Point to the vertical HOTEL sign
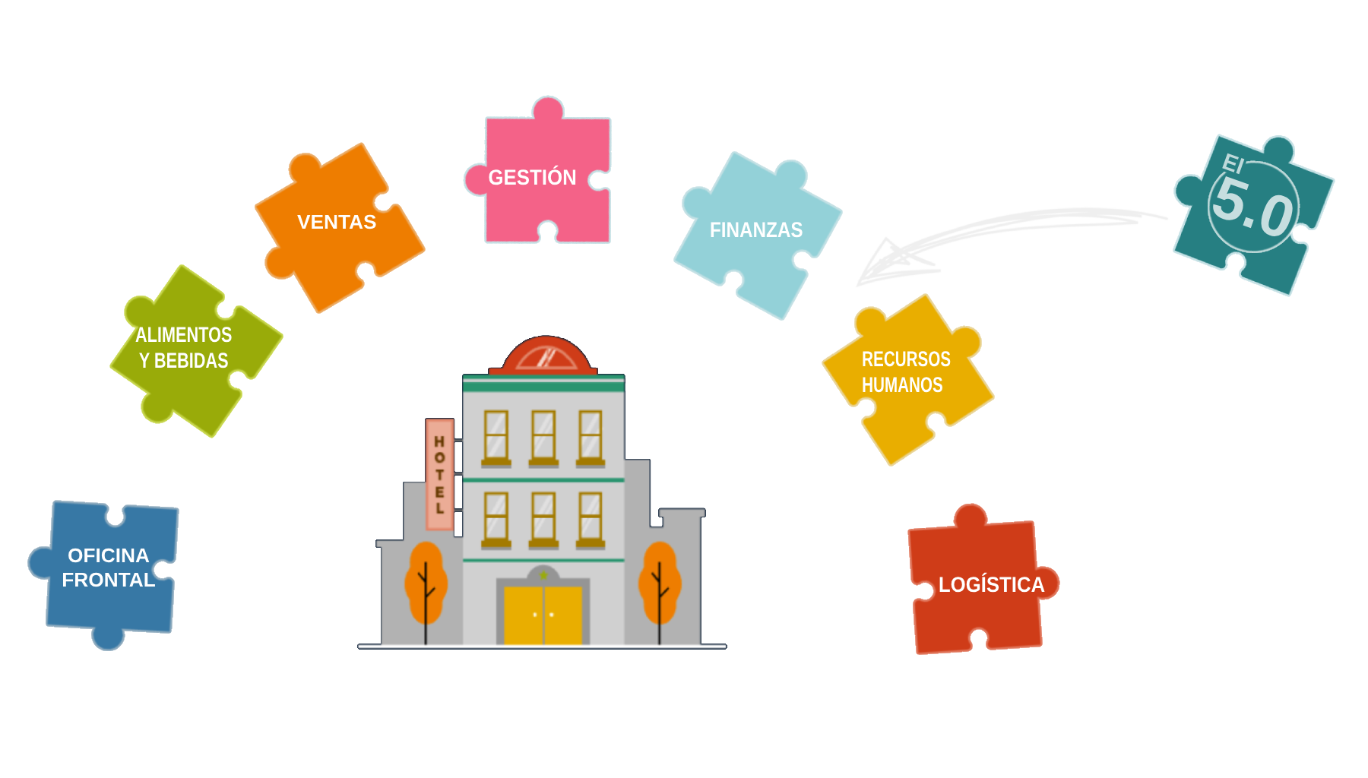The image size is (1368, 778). pos(439,475)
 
